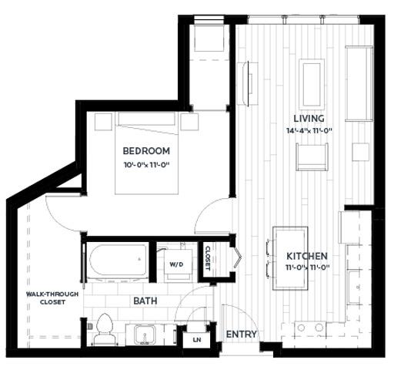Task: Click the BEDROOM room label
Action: click(146, 151)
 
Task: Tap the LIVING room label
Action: click(308, 118)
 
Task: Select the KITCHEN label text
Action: click(308, 256)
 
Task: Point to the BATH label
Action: click(146, 301)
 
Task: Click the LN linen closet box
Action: click(197, 338)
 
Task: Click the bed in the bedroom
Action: click(148, 154)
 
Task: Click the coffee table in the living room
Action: click(312, 79)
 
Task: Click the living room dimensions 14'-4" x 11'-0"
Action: click(308, 131)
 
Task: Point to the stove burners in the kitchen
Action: click(309, 328)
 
